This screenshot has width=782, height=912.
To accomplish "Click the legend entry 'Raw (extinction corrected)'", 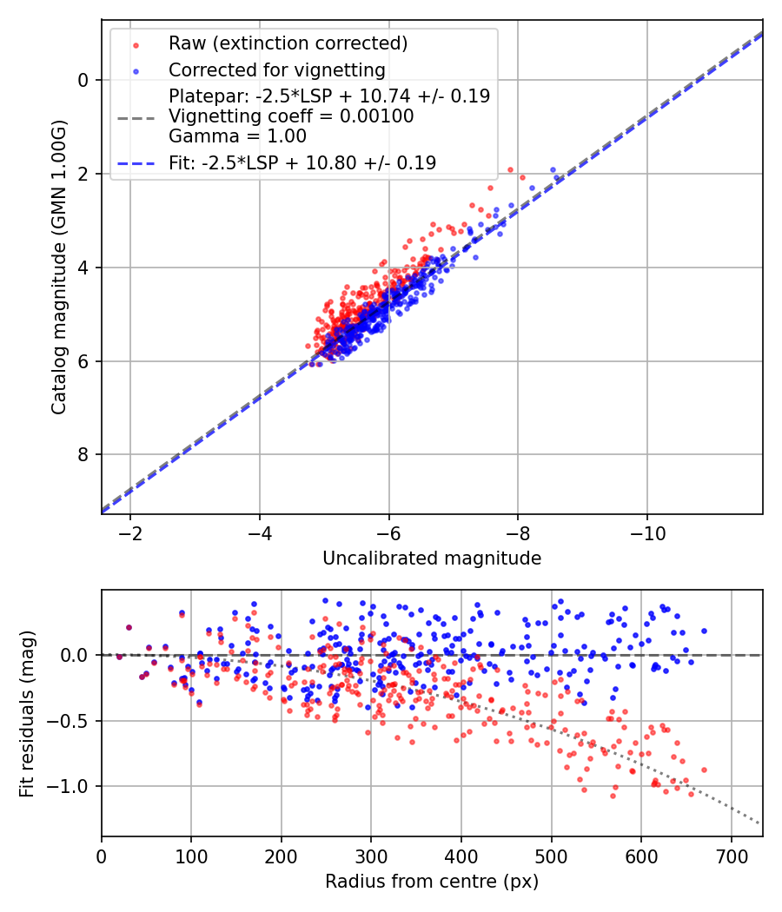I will click(x=288, y=43).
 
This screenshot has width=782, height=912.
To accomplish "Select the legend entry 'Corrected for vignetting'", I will click(x=277, y=69).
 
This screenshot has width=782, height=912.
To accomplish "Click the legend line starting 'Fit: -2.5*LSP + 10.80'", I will click(x=302, y=162).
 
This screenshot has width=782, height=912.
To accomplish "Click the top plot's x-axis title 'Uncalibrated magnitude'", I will click(x=432, y=558).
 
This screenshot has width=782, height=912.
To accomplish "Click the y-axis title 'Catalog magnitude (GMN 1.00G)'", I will click(x=58, y=266).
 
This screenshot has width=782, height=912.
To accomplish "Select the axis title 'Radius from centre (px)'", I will click(x=432, y=882).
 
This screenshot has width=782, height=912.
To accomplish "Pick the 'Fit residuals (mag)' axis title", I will click(x=27, y=713).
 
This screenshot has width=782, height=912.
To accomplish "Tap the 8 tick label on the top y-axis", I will click(x=83, y=455).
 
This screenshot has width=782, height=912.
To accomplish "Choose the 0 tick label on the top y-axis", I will click(x=83, y=80).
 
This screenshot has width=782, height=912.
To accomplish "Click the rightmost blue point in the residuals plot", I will click(x=704, y=631).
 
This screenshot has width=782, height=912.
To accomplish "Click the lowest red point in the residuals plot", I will click(x=613, y=796).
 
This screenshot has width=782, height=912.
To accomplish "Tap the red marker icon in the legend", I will click(x=136, y=43).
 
